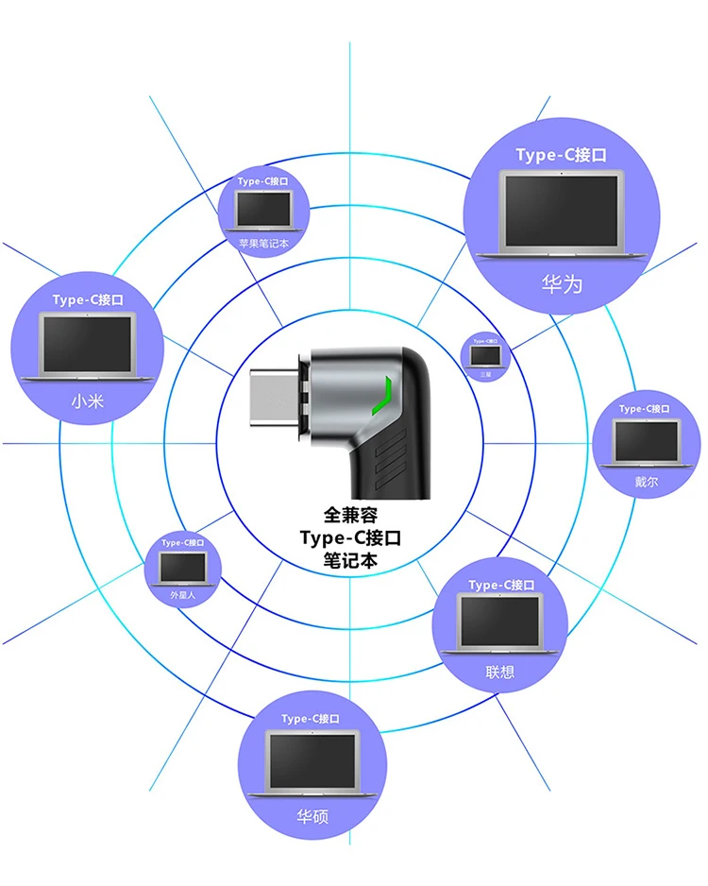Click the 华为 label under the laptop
[x=562, y=282]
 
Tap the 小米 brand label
[x=87, y=400]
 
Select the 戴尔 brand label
[x=647, y=480]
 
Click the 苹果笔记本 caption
[x=263, y=243]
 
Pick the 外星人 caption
[x=182, y=595]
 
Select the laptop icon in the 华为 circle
[x=561, y=215]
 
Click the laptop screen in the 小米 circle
[x=87, y=344]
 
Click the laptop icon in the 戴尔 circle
[x=647, y=440]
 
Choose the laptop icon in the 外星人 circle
[x=182, y=567]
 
